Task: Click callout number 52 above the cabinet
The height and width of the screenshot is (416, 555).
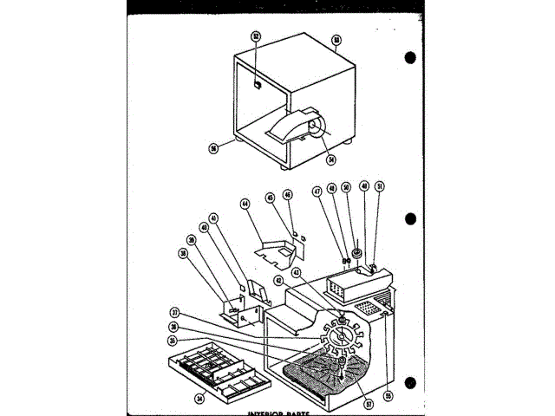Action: pos(256,36)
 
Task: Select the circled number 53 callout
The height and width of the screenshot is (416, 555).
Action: pos(336,40)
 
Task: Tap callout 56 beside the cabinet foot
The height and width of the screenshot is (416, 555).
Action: pos(213,147)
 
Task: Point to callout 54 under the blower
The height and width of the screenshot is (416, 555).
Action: pos(330,159)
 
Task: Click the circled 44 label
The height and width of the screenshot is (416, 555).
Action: pos(245,204)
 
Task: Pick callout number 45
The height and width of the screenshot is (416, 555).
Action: pos(272,197)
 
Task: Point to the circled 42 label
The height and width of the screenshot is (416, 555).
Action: pos(279,281)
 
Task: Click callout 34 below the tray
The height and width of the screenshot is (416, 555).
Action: pos(199,399)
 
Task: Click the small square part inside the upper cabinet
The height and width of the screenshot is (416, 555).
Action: pos(258,84)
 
